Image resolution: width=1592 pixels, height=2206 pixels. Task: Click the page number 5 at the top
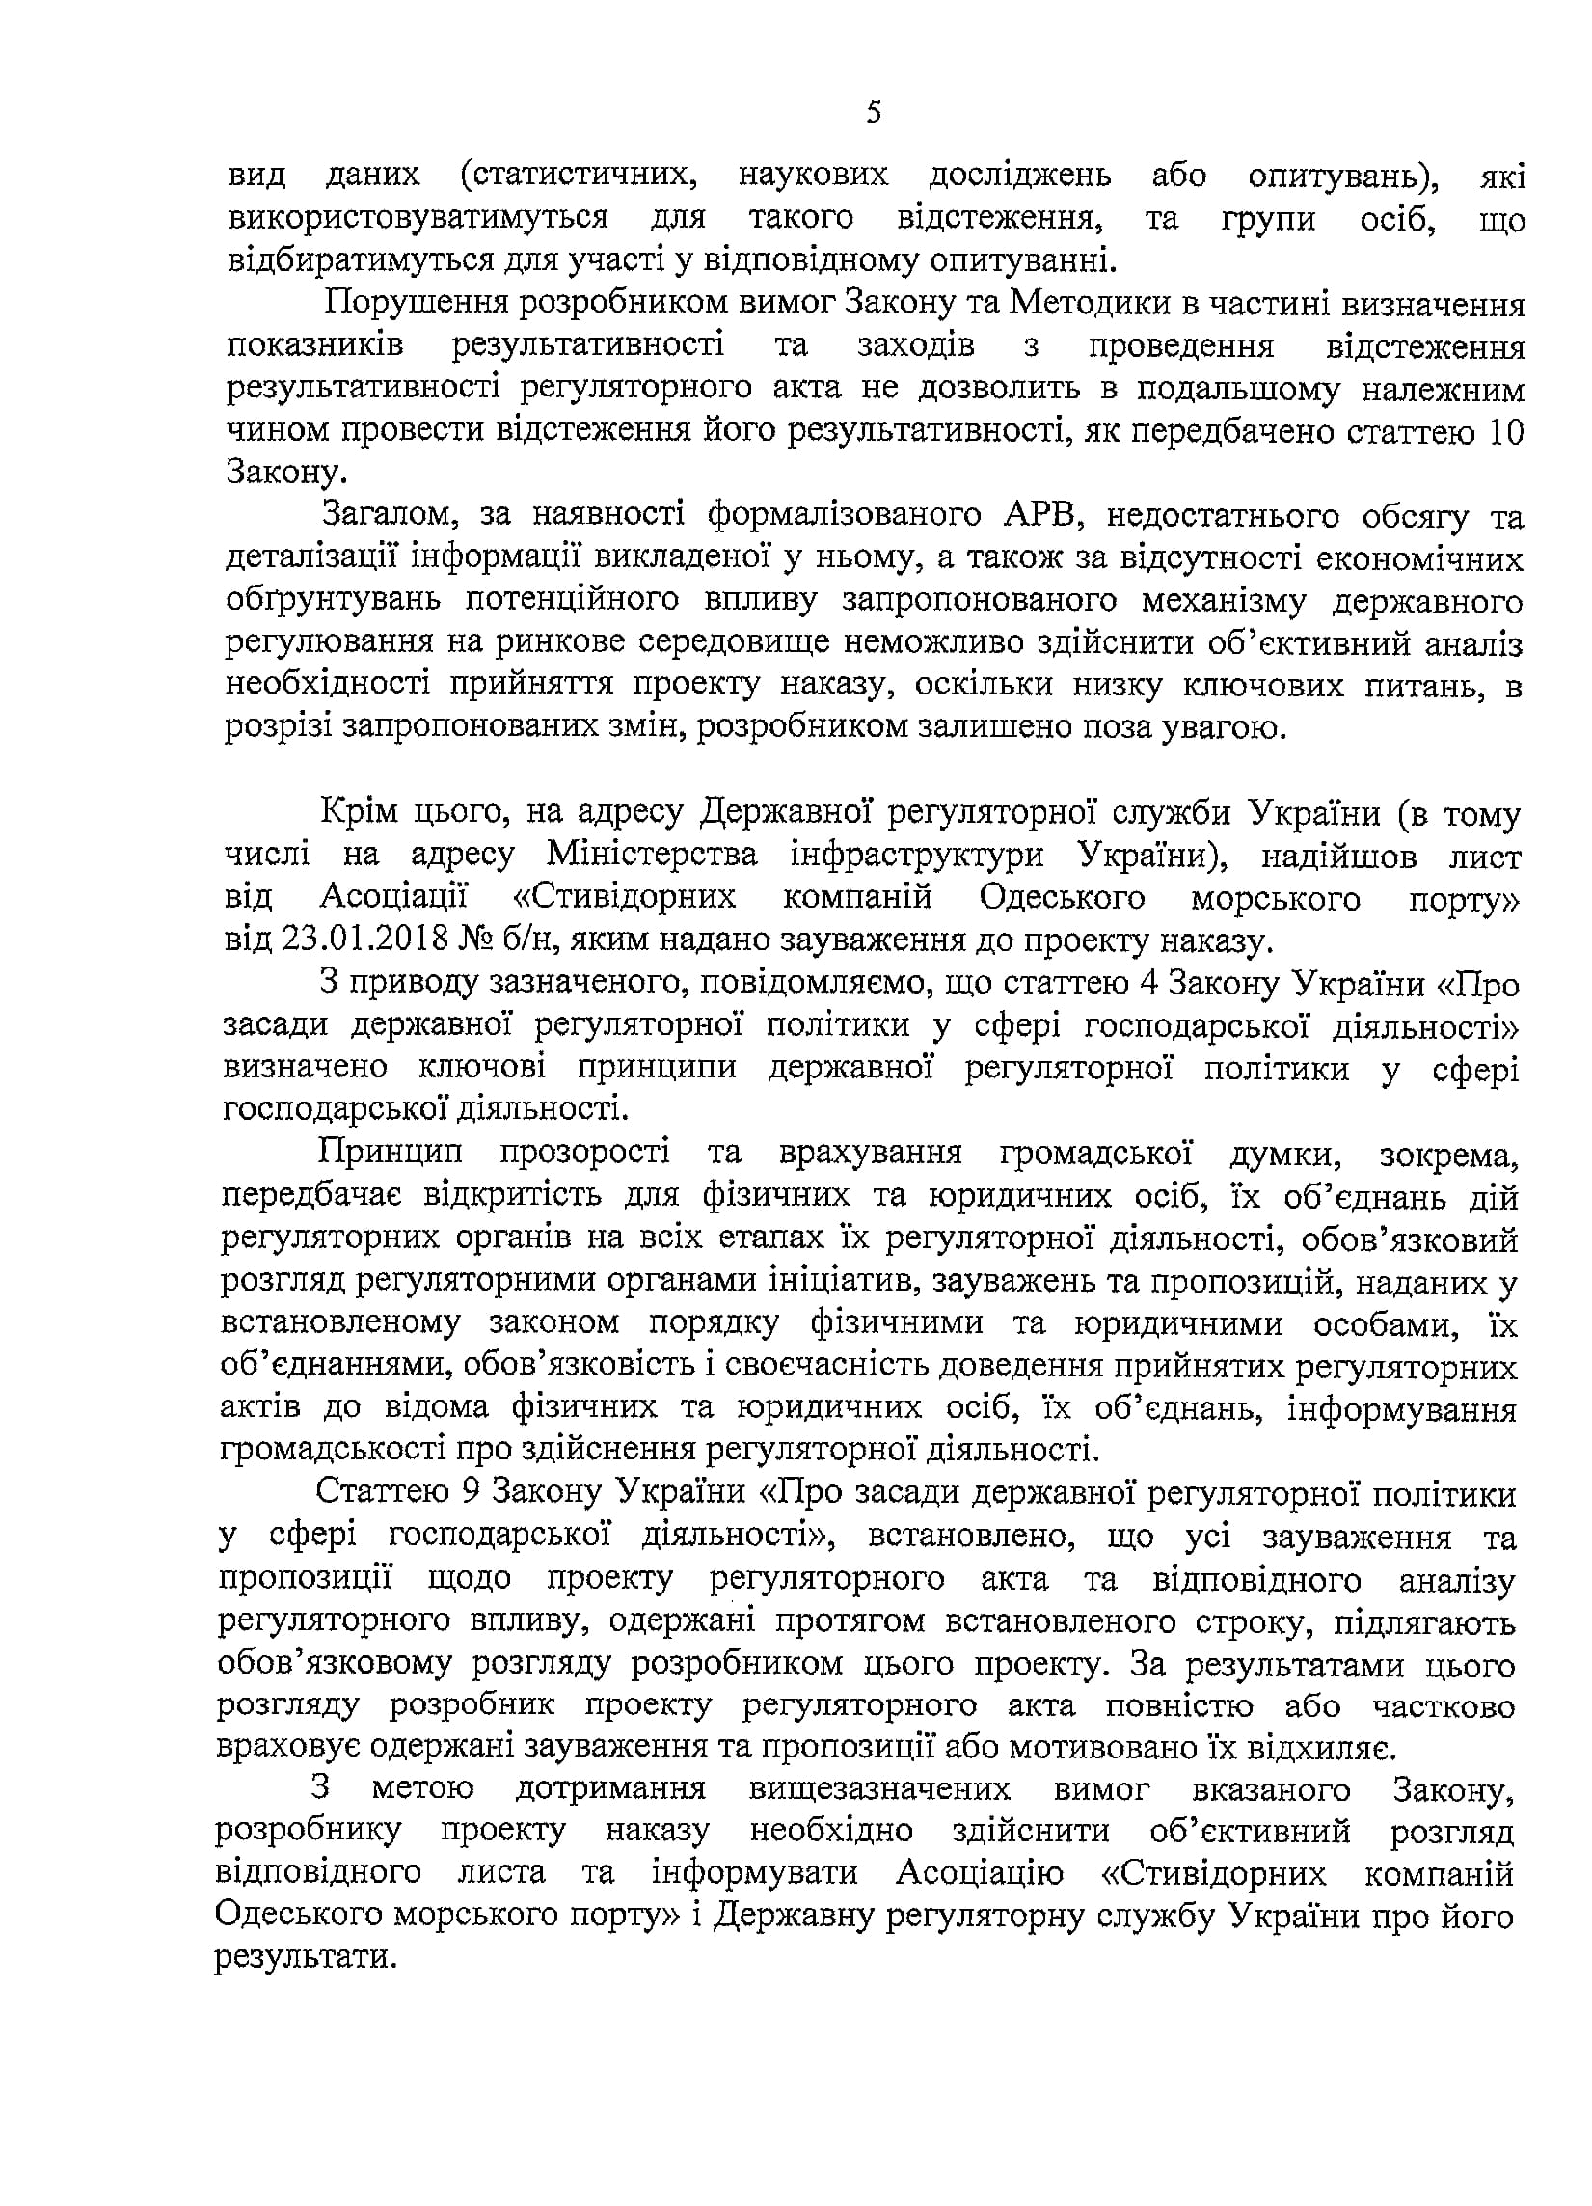click(874, 115)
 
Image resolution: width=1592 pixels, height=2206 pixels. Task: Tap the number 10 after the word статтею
click(1505, 431)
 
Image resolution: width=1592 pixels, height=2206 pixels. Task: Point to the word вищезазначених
click(880, 1789)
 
